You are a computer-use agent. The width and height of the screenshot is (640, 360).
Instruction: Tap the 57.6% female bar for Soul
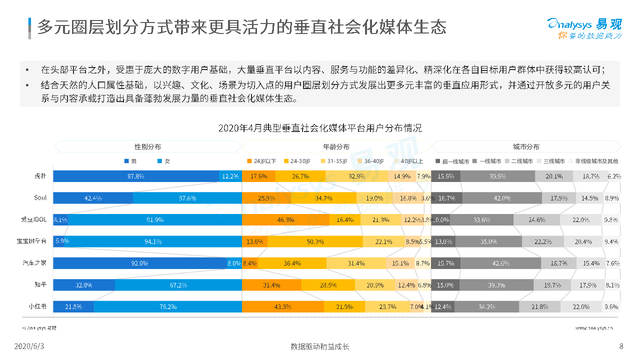click(x=187, y=197)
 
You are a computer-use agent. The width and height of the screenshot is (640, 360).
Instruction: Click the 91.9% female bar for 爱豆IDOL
click(x=155, y=219)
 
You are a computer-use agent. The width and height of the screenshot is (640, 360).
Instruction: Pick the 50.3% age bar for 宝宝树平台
click(x=315, y=241)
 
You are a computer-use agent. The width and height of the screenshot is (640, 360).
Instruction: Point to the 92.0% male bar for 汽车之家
click(x=140, y=263)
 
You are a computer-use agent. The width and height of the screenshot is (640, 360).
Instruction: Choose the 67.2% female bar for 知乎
click(x=178, y=285)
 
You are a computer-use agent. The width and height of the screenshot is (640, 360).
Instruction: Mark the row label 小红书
click(x=38, y=306)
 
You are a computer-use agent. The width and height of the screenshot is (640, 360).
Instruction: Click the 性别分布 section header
click(x=147, y=147)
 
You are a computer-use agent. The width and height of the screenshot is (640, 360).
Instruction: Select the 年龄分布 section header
click(x=336, y=147)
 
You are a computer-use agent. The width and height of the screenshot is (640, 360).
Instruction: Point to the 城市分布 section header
click(x=526, y=147)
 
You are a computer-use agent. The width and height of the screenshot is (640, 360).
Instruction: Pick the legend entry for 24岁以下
click(x=261, y=161)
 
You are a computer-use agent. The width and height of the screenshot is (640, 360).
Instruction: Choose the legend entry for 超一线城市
click(x=452, y=161)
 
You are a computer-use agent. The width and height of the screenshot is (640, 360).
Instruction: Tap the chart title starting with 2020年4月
click(x=320, y=128)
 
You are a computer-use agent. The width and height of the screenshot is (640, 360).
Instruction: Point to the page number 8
click(x=621, y=346)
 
